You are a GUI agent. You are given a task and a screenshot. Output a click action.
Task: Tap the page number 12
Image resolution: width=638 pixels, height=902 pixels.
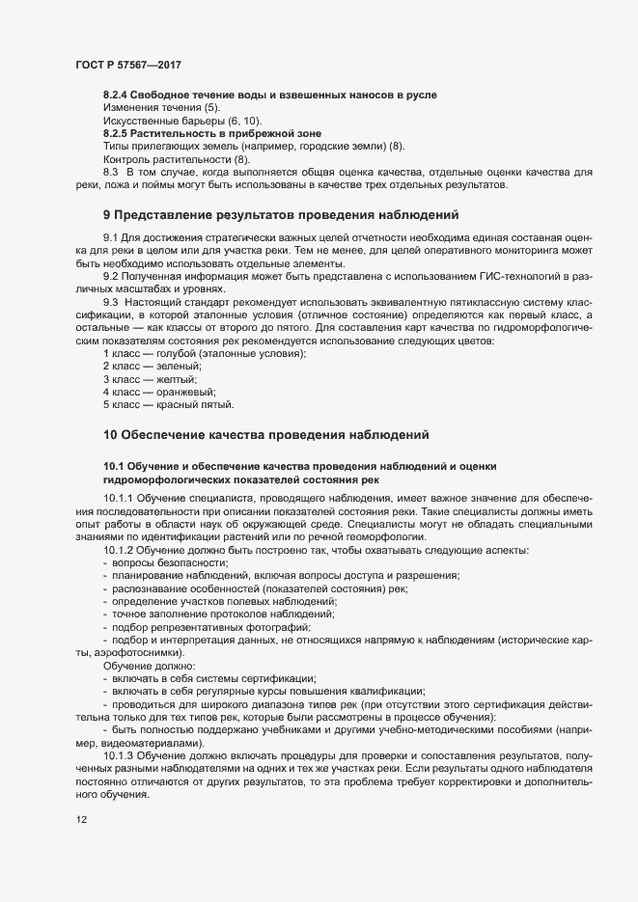point(81,820)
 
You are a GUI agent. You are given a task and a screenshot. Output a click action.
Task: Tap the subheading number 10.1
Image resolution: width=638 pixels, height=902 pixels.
point(114,466)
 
